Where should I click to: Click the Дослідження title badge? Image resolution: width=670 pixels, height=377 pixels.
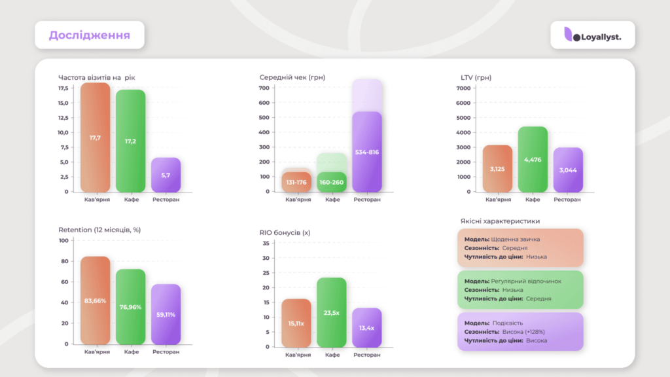[89, 35]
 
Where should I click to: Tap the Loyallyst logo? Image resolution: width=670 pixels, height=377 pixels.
[593, 37]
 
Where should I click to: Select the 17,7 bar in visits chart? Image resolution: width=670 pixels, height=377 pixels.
[95, 137]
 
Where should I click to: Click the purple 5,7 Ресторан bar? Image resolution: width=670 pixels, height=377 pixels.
[166, 175]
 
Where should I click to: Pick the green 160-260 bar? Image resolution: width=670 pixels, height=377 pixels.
[331, 182]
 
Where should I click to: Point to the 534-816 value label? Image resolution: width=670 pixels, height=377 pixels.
[366, 153]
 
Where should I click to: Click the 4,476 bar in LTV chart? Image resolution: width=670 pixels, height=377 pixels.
[533, 160]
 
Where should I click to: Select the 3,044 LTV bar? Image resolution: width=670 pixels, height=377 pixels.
[567, 170]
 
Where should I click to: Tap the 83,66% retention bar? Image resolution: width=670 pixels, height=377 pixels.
[95, 300]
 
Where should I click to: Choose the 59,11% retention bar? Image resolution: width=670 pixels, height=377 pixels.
[166, 314]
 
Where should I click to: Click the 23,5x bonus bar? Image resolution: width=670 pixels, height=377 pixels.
[331, 312]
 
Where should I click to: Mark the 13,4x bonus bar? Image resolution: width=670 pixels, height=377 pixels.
[366, 327]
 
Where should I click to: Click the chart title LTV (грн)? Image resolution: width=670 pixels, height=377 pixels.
[476, 78]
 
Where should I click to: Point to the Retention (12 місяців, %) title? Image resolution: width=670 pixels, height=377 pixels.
[99, 230]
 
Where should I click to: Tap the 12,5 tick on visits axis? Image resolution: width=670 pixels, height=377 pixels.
[63, 118]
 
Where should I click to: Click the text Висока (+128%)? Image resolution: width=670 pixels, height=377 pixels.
[527, 332]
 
